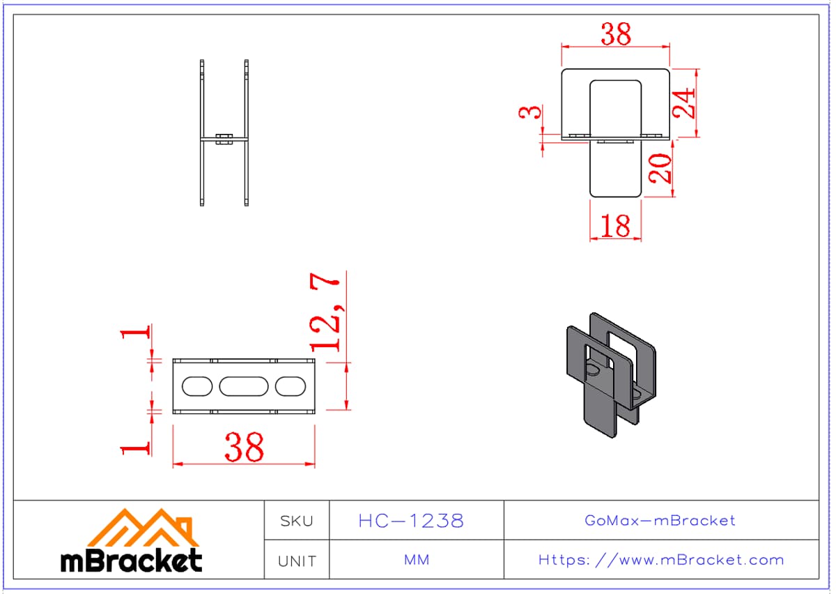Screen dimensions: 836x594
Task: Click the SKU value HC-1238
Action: [x=411, y=521]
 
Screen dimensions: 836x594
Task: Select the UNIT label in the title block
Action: [x=297, y=561]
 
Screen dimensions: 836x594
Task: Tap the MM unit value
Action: [x=417, y=560]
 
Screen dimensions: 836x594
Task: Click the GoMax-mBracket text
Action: [x=660, y=520]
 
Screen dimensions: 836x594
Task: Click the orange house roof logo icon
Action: [x=143, y=528]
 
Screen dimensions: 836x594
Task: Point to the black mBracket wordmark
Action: [x=132, y=561]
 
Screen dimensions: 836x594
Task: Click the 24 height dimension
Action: [x=684, y=103]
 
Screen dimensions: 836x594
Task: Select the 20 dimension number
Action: [x=660, y=169]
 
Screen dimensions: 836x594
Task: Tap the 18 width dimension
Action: [x=616, y=226]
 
